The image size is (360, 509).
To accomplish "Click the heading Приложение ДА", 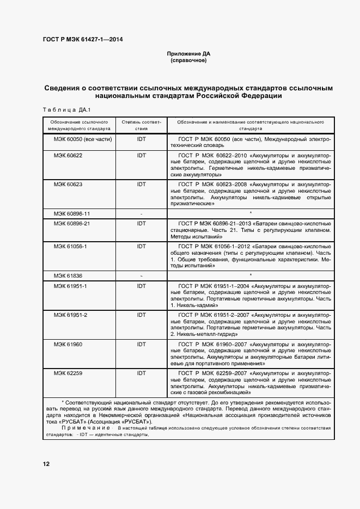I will pos(188,54).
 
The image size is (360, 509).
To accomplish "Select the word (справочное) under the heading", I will pos(188,60).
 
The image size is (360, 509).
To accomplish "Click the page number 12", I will pos(46,464).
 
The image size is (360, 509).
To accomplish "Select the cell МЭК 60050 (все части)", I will pos(82,139).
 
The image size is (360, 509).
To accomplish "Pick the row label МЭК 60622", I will pos(68,155).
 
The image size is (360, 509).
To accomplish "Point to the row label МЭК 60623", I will pos(68,185).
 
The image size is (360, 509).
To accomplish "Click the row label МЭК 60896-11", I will pos(72,213).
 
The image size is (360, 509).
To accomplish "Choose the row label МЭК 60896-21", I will pos(72,224).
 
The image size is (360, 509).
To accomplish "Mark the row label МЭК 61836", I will pos(68,276).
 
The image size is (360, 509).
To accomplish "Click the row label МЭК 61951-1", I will pos(70,286).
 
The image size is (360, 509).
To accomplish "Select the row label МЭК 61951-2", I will pos(70,315).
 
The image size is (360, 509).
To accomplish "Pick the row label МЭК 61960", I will pos(68,345).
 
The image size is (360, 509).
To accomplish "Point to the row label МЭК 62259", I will pos(68,373).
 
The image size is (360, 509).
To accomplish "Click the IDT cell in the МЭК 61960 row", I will pos(142,345).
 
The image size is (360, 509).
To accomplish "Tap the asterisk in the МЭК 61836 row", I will pos(251,276).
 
